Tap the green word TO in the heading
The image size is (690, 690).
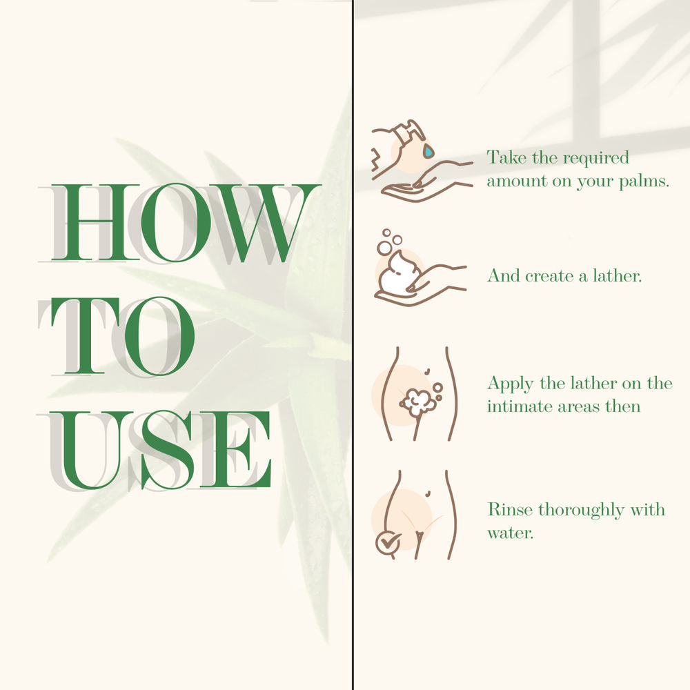pos(124,336)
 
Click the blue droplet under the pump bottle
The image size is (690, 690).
pos(428,151)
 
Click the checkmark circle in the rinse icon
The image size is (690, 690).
pos(388,544)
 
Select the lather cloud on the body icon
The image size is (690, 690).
pos(416,402)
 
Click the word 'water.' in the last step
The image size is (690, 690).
pos(510,533)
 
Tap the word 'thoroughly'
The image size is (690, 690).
pos(581,511)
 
